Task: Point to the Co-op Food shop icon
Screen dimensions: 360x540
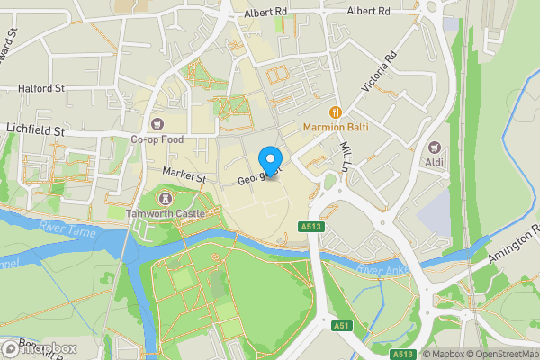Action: click(157, 123)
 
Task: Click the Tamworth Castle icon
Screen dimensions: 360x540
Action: click(165, 198)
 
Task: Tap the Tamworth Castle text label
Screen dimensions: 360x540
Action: click(166, 213)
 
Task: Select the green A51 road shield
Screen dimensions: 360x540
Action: click(340, 326)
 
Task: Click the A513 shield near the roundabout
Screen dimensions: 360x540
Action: click(313, 227)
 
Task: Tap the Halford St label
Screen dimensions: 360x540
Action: click(41, 88)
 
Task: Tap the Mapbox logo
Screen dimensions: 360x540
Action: click(40, 349)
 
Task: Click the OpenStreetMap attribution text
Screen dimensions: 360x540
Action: click(499, 354)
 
